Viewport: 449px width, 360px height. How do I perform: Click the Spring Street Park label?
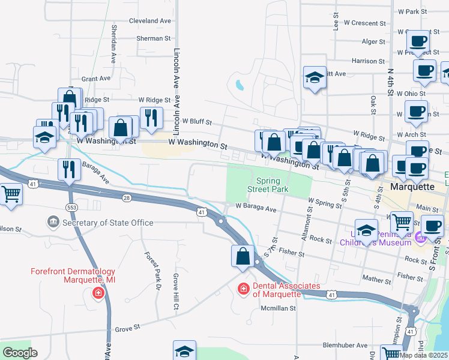268,185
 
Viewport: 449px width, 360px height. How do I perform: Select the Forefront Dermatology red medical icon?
98,293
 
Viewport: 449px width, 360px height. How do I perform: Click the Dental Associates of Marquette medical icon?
244,289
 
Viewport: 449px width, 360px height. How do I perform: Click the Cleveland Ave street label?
150,20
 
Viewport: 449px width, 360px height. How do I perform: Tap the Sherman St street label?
154,38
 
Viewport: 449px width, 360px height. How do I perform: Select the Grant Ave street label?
96,79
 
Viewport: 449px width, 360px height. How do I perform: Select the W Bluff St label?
197,121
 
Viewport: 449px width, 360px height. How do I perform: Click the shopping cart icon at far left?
11,195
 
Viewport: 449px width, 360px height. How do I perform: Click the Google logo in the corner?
20,353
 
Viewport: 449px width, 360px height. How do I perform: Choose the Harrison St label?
368,61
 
